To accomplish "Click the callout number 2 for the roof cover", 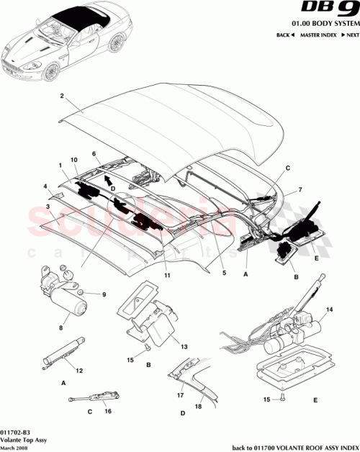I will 62,96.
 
